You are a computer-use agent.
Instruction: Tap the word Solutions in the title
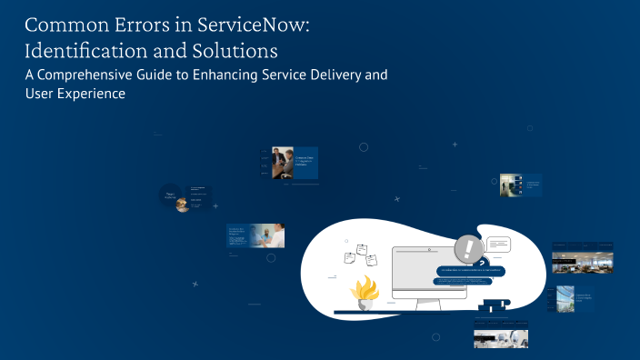(242, 48)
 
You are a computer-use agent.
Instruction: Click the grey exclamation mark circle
(469, 248)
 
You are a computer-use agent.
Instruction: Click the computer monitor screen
(428, 271)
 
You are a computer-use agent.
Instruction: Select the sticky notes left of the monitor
(355, 256)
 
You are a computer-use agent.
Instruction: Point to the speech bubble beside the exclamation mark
(500, 245)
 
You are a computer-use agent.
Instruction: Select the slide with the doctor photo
(256, 235)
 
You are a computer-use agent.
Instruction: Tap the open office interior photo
(582, 259)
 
